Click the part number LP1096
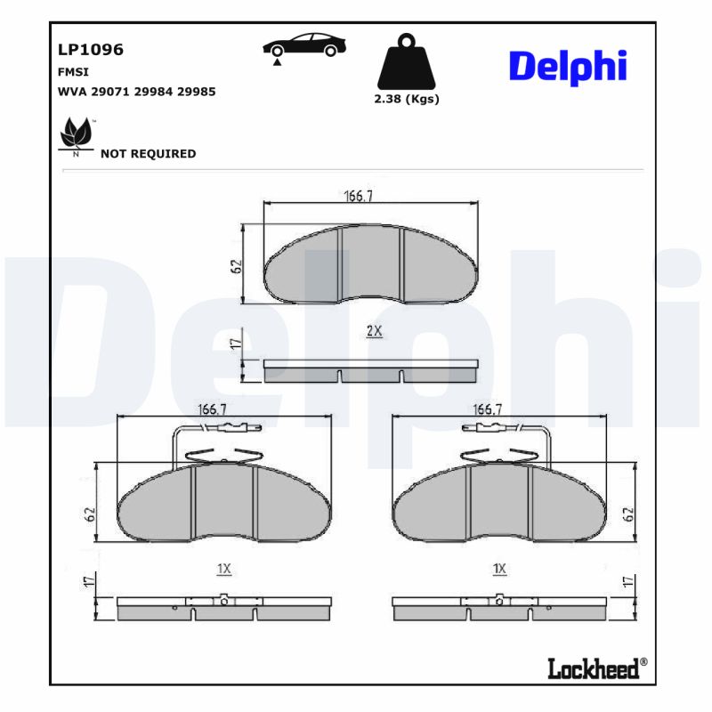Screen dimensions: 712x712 90,50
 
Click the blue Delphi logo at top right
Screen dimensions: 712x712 568,66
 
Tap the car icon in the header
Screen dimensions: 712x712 304,45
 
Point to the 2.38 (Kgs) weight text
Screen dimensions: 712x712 407,99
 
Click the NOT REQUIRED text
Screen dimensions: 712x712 148,153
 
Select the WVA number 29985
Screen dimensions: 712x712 197,91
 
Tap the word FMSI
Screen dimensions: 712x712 72,72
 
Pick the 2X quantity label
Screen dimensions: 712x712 374,330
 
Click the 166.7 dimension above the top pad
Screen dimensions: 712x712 358,196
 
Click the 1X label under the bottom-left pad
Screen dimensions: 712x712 223,568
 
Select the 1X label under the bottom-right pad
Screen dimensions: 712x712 499,568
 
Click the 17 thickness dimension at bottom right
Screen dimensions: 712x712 627,583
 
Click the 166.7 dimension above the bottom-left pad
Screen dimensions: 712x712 210,409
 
